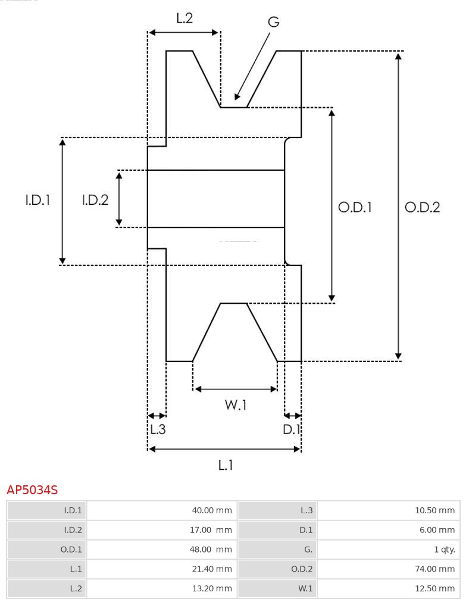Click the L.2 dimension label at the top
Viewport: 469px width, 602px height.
coord(184,18)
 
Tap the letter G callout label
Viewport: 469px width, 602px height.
coord(273,22)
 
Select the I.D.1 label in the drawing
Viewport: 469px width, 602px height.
coord(37,200)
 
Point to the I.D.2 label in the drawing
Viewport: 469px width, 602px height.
coord(95,200)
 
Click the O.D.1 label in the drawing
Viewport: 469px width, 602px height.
coord(355,207)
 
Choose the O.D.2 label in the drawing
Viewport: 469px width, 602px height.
coord(422,207)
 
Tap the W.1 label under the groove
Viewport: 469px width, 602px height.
coord(235,406)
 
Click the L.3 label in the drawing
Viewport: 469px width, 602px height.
coord(157,429)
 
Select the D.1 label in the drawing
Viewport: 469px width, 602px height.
coord(292,429)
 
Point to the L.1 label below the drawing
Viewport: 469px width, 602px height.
coord(225,464)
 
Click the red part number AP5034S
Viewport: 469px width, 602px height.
coord(32,490)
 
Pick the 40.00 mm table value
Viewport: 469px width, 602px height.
coord(211,510)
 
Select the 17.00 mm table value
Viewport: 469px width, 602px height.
coord(211,530)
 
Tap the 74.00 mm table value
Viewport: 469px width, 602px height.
coord(434,569)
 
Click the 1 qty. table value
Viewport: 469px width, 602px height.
coord(444,550)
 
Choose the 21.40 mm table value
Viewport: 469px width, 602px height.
coord(212,569)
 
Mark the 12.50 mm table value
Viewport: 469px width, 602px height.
coord(434,589)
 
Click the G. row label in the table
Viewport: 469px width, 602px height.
coord(307,550)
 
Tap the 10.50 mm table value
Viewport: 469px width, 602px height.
coord(434,510)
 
